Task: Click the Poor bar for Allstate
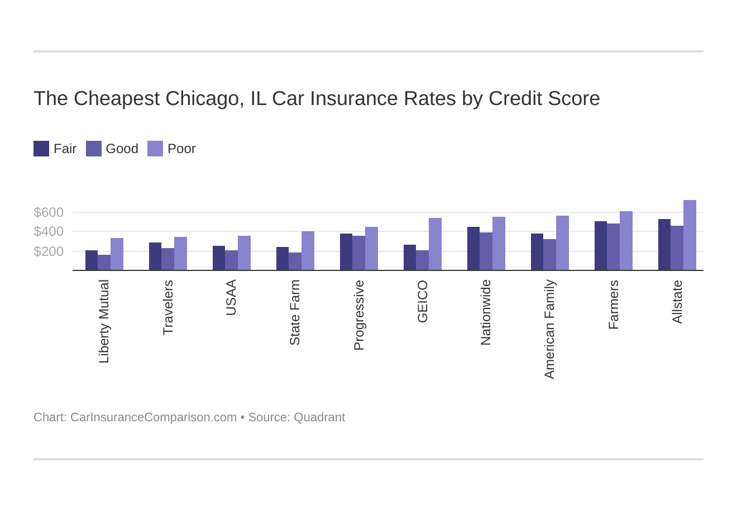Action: pos(690,235)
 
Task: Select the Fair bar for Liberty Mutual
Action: pos(92,260)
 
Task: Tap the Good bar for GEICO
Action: pos(422,260)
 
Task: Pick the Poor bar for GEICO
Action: pos(435,244)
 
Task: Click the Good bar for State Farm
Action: pos(295,261)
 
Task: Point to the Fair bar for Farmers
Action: pos(601,246)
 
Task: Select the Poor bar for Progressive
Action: pos(371,249)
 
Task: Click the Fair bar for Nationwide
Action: pos(473,249)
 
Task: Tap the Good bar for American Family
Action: pos(549,255)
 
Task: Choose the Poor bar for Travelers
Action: pos(180,254)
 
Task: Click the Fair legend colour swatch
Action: pos(41,149)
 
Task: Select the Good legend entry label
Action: pos(122,149)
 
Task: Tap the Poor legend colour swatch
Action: pos(155,149)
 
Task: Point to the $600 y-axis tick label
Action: pos(49,212)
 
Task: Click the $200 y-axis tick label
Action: pos(49,251)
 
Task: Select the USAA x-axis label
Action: pos(231,298)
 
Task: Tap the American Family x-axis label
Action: pos(549,329)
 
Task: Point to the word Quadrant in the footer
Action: pos(319,417)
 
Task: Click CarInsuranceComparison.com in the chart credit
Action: pos(154,417)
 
